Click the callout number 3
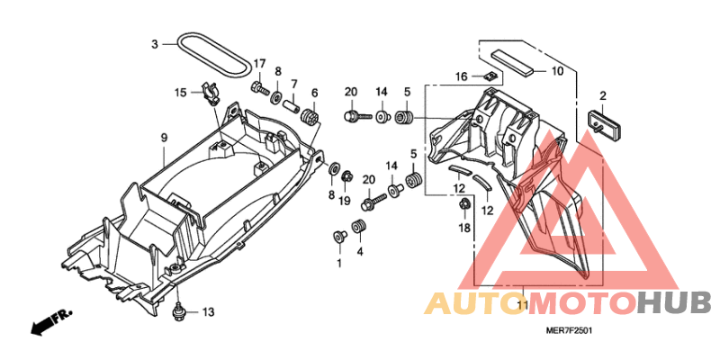155,44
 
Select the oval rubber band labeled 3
215,56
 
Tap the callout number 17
259,63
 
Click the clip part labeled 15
211,93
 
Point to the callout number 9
164,138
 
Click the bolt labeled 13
177,312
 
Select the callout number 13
209,312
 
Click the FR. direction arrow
50,321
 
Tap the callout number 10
556,71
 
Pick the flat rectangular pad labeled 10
513,62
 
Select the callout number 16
462,76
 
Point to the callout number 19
345,200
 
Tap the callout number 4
360,252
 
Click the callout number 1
340,263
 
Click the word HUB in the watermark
675,303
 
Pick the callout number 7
294,84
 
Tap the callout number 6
314,94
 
